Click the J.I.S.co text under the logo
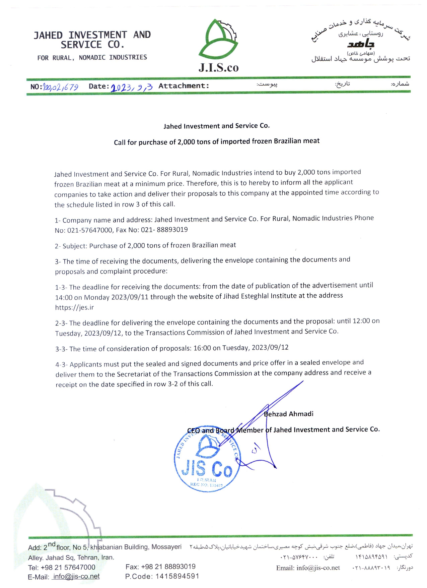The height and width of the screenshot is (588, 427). [x=218, y=68]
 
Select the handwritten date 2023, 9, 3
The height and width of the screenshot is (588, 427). [x=132, y=87]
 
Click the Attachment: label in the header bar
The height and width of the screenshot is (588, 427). [x=184, y=86]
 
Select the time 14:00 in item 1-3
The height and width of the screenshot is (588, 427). [x=64, y=297]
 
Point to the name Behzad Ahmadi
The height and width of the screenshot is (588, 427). [x=289, y=414]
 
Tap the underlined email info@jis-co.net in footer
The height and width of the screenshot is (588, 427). [x=76, y=577]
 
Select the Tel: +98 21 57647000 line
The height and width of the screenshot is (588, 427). [x=62, y=567]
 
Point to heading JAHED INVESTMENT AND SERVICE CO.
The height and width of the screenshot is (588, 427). [x=92, y=40]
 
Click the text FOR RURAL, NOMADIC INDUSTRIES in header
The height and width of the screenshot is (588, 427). [x=92, y=58]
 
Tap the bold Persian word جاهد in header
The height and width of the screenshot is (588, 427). [x=361, y=44]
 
